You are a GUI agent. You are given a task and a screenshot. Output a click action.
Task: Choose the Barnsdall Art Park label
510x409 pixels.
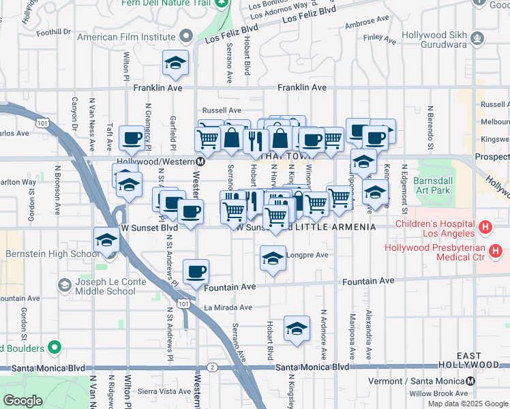coord(432,186)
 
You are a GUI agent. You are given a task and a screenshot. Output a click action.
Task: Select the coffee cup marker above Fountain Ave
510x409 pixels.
coord(197,271)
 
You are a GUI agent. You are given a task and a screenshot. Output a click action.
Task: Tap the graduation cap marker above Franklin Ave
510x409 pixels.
coord(175,63)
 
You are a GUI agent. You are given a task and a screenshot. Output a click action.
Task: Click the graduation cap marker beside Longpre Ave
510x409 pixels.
coord(273,258)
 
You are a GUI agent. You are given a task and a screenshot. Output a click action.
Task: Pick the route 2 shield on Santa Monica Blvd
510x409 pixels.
coord(213,367)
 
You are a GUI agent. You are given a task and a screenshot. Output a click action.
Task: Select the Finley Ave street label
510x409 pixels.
coord(380,40)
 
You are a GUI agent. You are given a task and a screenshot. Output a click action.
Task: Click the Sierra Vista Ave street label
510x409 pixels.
coord(165,391)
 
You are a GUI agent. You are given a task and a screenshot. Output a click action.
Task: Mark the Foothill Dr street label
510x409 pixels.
coord(54,32)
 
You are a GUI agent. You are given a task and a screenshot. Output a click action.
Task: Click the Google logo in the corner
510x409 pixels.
coord(22,401)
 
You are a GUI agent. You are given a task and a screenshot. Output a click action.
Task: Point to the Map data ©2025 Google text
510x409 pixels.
coord(467,404)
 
